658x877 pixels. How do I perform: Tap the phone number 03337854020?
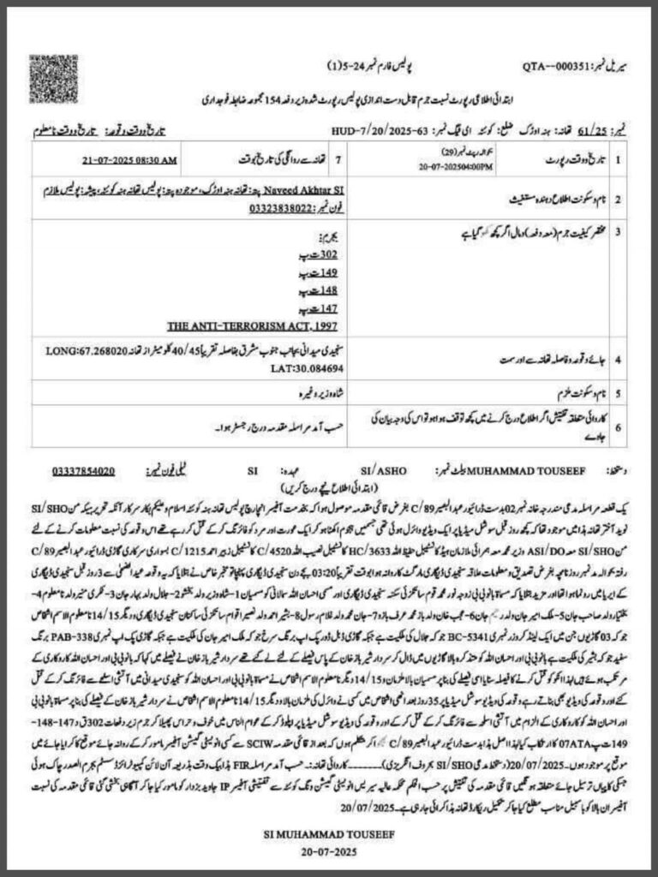[83, 470]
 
